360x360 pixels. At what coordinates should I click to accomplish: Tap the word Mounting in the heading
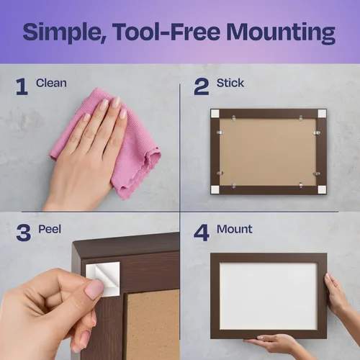281,33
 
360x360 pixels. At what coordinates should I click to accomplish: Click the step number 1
22,86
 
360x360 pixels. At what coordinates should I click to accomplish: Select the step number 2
202,86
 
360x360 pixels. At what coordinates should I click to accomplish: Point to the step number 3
24,233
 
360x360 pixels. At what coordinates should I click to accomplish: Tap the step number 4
202,233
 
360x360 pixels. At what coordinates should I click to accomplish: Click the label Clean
51,83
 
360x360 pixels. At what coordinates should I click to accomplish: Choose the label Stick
230,83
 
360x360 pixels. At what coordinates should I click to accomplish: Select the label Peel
50,229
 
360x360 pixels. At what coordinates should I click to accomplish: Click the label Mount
234,229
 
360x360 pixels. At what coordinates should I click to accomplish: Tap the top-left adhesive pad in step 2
215,114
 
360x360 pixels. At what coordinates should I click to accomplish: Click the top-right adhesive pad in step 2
322,114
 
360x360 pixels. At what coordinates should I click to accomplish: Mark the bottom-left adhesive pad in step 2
215,189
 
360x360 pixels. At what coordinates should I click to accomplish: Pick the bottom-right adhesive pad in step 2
322,189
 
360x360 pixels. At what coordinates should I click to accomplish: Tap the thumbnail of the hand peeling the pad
95,289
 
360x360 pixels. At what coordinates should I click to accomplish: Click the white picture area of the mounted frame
269,296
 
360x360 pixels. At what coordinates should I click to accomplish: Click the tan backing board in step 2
268,152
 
